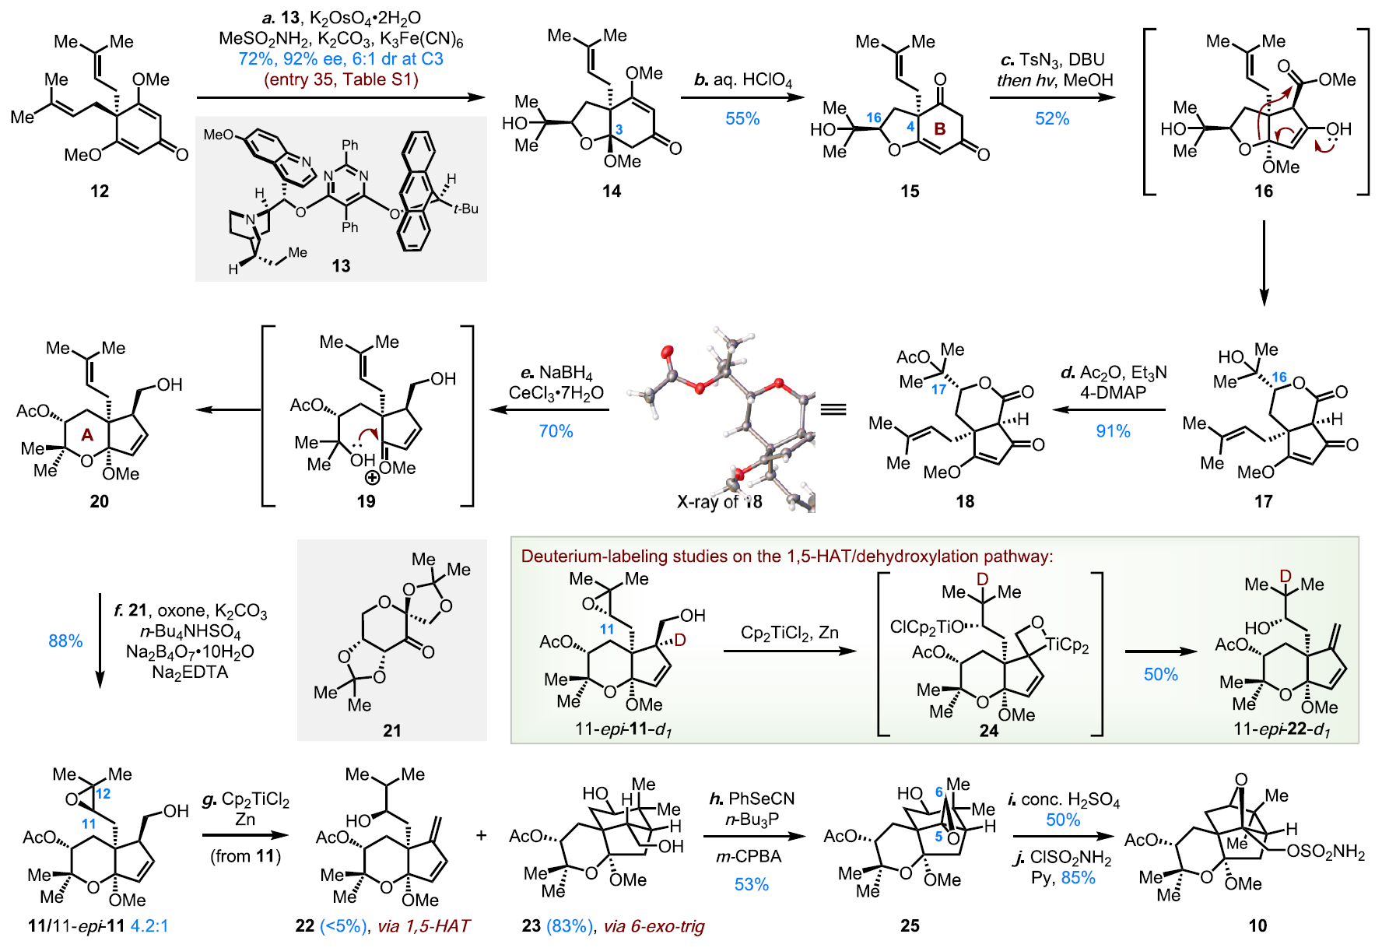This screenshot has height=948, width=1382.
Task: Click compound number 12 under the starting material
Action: pos(100,191)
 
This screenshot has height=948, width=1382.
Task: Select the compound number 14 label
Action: pos(612,191)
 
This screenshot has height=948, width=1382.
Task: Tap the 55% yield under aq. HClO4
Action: pos(742,119)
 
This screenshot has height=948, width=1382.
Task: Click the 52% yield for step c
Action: pos(1052,119)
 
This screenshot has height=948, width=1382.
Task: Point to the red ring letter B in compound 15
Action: pos(940,128)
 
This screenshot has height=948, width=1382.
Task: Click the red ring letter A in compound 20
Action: pos(87,435)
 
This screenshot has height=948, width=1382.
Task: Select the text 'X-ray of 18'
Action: pos(720,502)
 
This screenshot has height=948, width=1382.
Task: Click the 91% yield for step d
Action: pos(1113,431)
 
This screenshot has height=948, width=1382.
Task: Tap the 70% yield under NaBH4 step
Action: pos(556,431)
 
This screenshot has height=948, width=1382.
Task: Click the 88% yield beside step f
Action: pos(65,641)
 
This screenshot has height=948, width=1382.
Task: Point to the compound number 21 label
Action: pos(392,731)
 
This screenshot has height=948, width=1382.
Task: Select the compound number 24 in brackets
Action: pos(989,731)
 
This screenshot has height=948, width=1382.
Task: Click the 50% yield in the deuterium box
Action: pos(1161,675)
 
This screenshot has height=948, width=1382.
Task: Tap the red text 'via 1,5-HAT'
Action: pos(424,926)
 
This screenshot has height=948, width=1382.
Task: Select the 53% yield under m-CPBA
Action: pos(752,885)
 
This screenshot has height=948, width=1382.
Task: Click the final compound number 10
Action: pos(1257,926)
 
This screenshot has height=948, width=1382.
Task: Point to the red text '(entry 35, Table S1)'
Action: pos(341,79)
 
